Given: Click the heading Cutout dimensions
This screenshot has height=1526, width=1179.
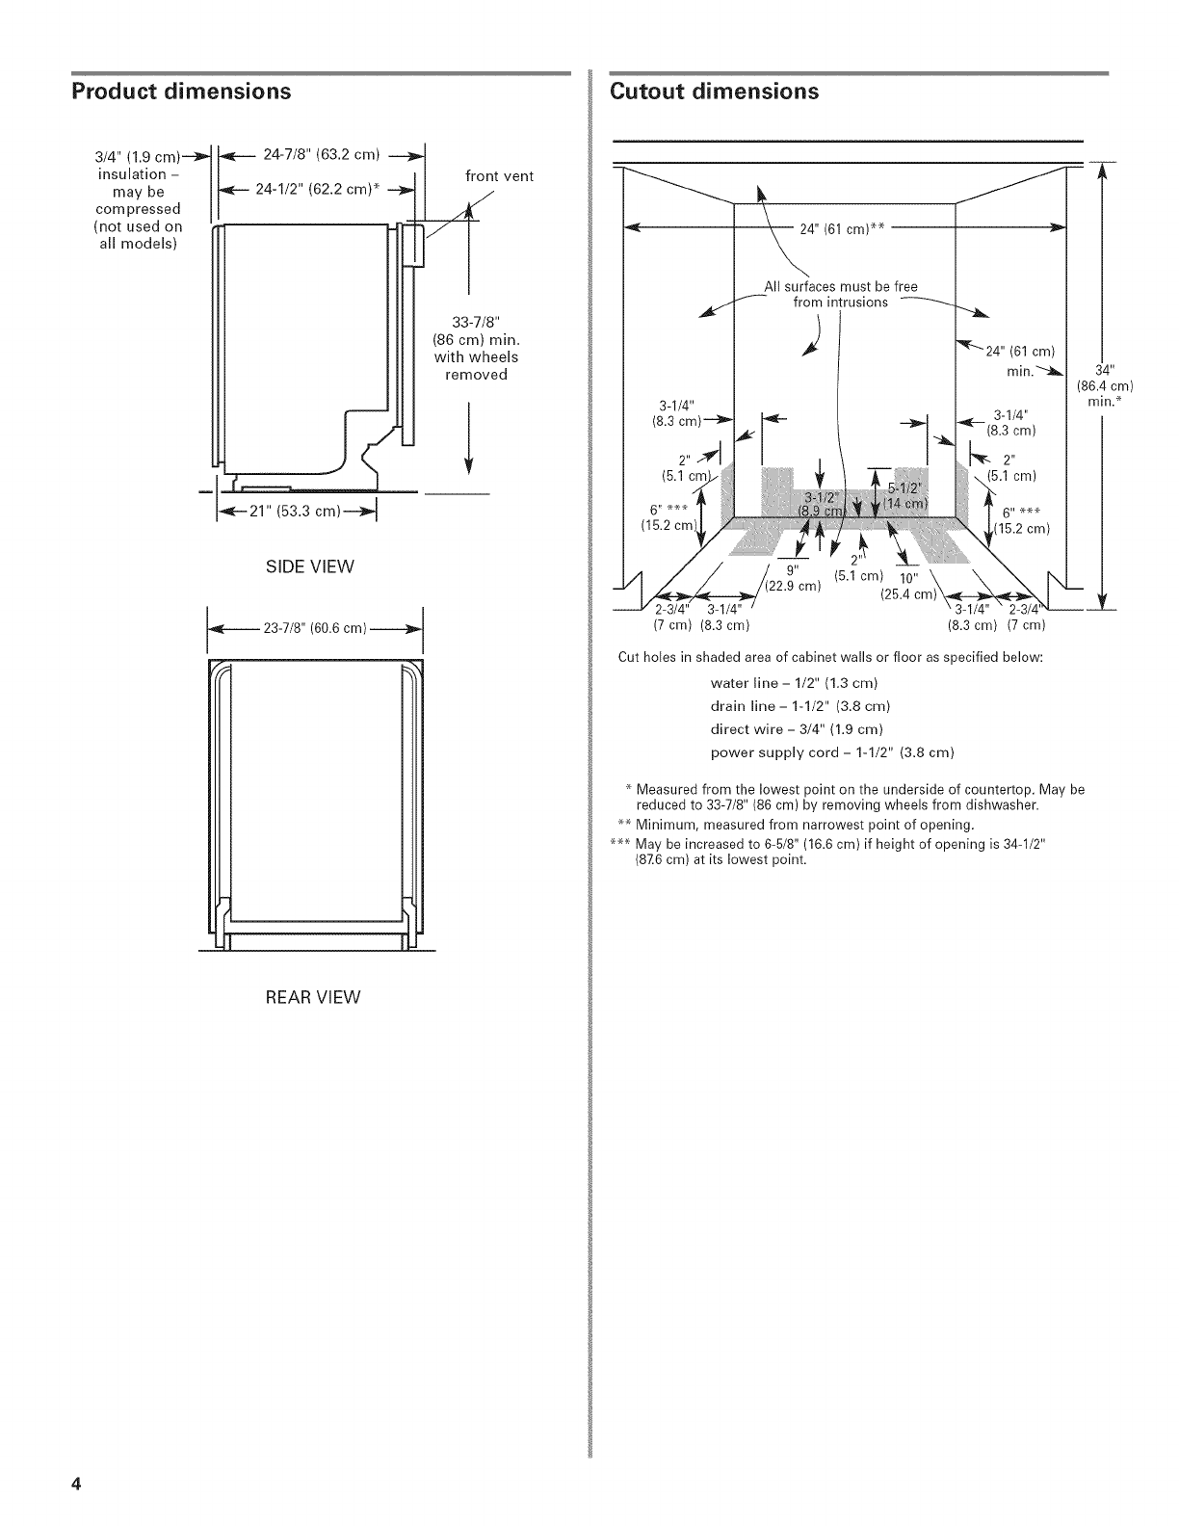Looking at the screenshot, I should tap(714, 92).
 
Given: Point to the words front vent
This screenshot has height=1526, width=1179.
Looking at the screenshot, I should tap(499, 175).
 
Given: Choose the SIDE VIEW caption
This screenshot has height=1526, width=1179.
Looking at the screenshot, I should tap(310, 566).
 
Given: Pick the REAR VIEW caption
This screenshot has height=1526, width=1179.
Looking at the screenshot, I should tap(313, 997).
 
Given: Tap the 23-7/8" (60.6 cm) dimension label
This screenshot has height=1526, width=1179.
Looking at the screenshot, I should tap(312, 629).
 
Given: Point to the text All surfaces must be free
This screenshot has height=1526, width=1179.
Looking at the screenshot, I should tap(841, 286).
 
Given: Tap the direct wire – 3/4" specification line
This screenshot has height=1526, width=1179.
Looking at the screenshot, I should tap(797, 728).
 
